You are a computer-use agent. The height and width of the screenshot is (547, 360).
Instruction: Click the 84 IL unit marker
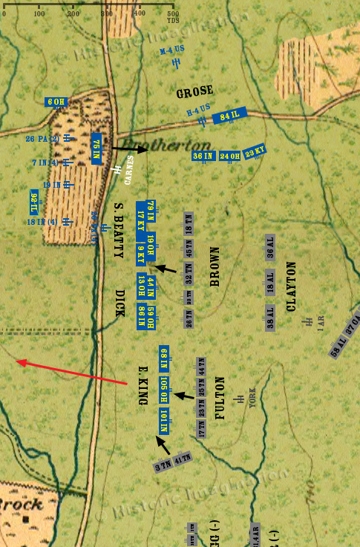pyautogui.click(x=229, y=116)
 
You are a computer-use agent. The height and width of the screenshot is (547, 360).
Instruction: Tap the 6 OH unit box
pyautogui.click(x=56, y=102)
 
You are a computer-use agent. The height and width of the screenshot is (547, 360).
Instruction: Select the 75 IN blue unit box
pyautogui.click(x=96, y=148)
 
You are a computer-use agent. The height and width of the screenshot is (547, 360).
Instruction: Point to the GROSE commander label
pyautogui.click(x=194, y=94)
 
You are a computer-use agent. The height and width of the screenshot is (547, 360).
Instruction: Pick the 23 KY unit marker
pyautogui.click(x=255, y=151)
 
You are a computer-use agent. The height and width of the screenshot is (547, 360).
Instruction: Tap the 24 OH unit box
pyautogui.click(x=229, y=156)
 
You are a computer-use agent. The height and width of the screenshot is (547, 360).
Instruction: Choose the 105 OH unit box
pyautogui.click(x=164, y=389)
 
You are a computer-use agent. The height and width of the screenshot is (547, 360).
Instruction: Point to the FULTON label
pyautogui.click(x=220, y=399)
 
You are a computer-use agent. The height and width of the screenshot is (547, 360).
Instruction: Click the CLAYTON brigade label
pyautogui.click(x=291, y=286)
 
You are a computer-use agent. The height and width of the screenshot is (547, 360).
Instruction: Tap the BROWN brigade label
pyautogui.click(x=215, y=266)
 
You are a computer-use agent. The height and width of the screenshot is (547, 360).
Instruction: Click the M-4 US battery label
pyautogui.click(x=172, y=50)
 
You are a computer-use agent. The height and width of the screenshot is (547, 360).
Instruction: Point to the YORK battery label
pyautogui.click(x=252, y=401)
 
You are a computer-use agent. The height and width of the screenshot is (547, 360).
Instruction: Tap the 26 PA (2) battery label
pyautogui.click(x=42, y=138)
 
